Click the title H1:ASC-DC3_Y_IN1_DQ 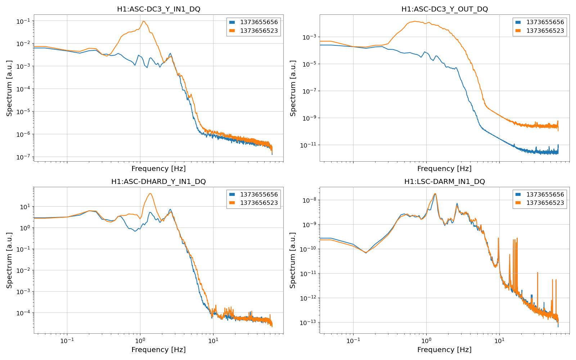[158, 9]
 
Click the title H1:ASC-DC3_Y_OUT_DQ [445, 9]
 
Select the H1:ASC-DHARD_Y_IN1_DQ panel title [158, 182]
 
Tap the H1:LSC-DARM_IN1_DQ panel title [445, 182]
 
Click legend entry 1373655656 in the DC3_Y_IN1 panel [259, 22]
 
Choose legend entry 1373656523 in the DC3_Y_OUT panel [545, 31]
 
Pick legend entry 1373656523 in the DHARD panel [259, 203]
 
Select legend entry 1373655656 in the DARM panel [545, 195]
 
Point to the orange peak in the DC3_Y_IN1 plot [144, 21]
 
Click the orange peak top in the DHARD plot [150, 194]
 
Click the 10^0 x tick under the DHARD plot [140, 341]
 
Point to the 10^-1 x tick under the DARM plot [353, 341]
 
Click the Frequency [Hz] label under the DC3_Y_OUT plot [444, 168]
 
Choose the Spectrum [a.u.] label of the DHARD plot [9, 260]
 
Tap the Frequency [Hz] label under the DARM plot [444, 350]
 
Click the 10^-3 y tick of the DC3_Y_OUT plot [309, 37]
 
